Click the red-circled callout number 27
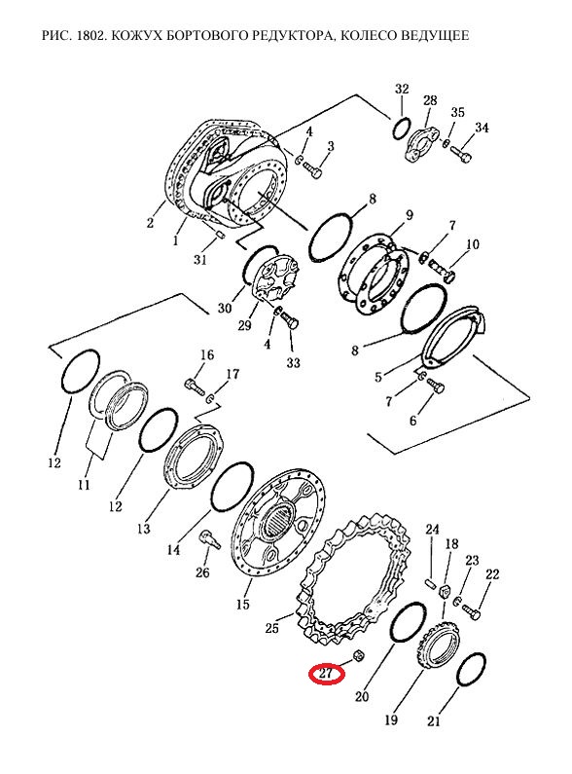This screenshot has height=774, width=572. (326, 674)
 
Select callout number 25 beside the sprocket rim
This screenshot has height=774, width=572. (271, 628)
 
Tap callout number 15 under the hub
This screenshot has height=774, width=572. (242, 604)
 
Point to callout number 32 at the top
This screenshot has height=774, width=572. (403, 89)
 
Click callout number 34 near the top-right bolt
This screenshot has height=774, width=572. (482, 128)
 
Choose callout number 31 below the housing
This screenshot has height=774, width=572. (199, 259)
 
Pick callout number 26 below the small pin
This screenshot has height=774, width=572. (202, 572)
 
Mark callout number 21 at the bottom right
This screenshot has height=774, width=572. (434, 721)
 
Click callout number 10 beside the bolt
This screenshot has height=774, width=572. (473, 243)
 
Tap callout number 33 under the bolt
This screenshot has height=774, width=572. (293, 363)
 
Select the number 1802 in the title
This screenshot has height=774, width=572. (89, 36)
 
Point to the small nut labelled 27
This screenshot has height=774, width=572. (360, 656)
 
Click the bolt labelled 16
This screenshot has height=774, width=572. (195, 386)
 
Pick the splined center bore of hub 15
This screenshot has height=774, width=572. (277, 523)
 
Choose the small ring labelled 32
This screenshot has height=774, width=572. (401, 129)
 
